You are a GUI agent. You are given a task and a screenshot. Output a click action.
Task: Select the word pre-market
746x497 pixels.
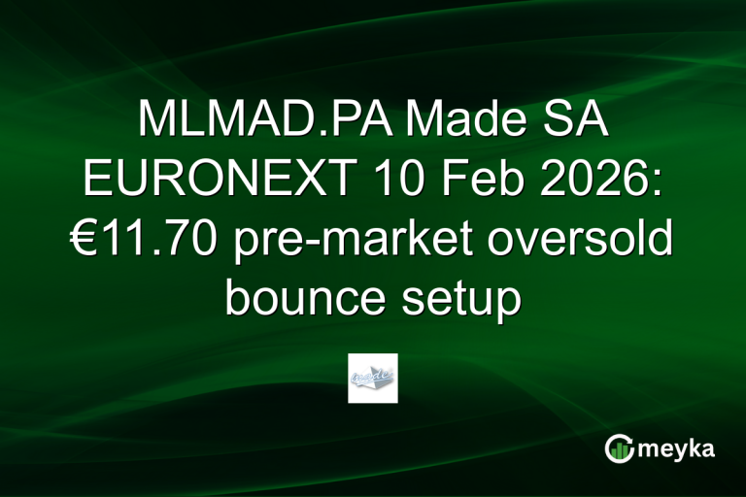click(346, 241)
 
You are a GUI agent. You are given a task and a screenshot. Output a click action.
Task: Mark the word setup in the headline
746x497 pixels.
click(462, 300)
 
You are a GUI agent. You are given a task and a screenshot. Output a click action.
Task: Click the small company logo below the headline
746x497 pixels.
click(373, 378)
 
